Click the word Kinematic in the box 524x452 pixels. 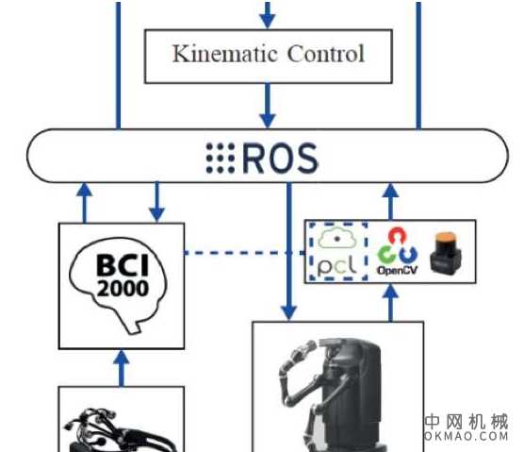pos(216,53)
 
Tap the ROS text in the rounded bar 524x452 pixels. pos(281,158)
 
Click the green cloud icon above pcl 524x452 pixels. pos(338,238)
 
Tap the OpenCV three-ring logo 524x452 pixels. pos(396,246)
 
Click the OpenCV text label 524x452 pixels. pos(396,271)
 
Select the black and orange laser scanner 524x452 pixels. pos(444,252)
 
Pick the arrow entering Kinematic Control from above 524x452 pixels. pos(268,14)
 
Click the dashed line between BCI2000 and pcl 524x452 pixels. pos(245,253)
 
